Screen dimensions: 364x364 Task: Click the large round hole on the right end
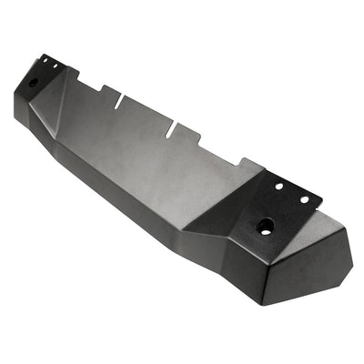pyautogui.click(x=266, y=227)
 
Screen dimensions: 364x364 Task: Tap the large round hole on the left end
pyautogui.click(x=34, y=82)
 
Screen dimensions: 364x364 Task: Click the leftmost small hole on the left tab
pyautogui.click(x=43, y=60)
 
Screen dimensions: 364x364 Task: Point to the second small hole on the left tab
pyautogui.click(x=53, y=65)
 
